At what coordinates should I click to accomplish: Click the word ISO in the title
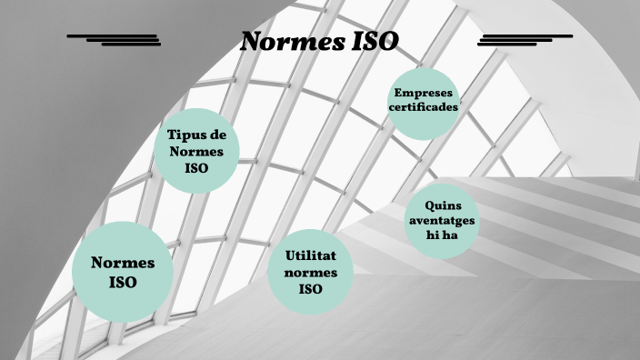[374, 42]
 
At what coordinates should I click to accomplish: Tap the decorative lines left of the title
[115, 40]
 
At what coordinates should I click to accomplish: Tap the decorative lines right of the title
[525, 40]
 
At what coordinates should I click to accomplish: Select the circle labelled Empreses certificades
[423, 102]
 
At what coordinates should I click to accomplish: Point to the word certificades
[423, 106]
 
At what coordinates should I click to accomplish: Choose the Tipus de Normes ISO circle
[196, 150]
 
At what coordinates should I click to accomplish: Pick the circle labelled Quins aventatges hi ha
[441, 221]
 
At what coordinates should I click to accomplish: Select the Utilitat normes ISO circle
[310, 272]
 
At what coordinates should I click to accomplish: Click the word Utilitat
[310, 256]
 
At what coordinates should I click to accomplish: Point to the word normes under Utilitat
[310, 273]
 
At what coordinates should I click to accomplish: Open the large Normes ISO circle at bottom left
[122, 272]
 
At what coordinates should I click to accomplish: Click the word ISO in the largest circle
[122, 283]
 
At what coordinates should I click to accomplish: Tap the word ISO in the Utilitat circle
[310, 289]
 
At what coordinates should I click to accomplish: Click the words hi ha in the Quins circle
[441, 235]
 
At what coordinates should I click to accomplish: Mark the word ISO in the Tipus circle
[196, 168]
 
